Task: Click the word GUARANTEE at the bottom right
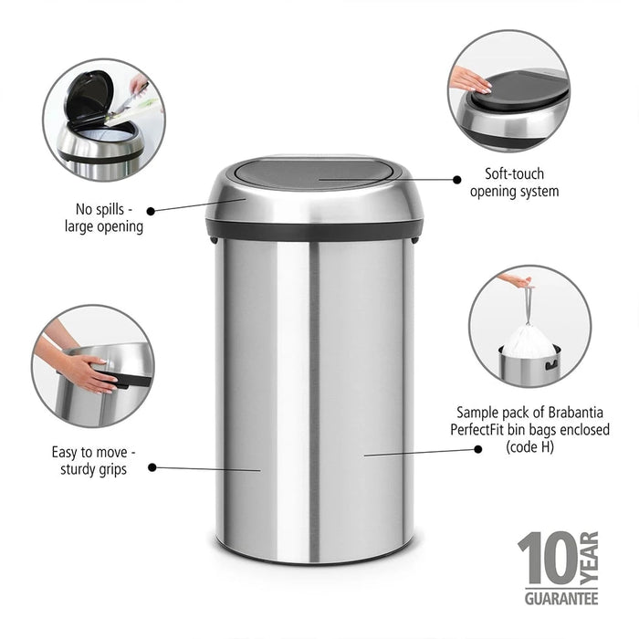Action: [560, 599]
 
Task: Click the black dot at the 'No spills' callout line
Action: [151, 210]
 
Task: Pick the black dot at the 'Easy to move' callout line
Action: [152, 466]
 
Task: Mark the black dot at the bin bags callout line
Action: [477, 448]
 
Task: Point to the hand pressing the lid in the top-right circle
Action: [471, 80]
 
